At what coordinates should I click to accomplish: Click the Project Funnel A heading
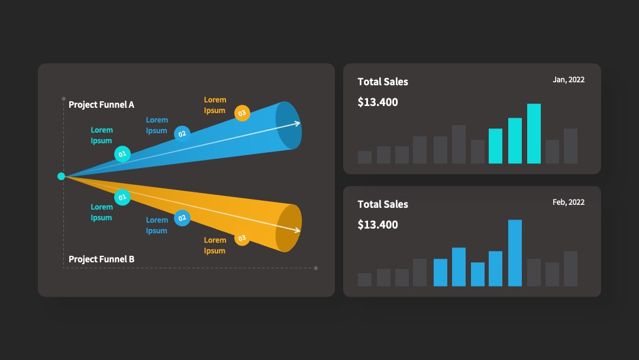102,104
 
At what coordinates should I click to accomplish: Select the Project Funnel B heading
102,259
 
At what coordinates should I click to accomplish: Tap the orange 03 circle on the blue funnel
242,113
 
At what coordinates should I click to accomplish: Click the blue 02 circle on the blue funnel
182,134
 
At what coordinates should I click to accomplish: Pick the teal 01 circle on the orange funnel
122,197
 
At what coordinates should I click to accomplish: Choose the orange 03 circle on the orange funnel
242,238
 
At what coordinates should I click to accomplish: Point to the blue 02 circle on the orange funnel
182,218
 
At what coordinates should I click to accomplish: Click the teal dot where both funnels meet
61,176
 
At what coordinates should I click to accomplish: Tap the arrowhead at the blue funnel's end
298,123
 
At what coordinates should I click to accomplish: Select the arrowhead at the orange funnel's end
298,230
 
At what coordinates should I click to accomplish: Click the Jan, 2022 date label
569,80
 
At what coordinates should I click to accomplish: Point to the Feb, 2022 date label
569,202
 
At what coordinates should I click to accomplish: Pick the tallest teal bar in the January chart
534,134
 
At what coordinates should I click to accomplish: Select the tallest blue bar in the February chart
515,253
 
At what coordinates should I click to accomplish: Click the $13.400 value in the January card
377,102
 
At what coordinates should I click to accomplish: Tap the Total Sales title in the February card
383,204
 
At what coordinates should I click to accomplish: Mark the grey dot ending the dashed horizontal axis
316,268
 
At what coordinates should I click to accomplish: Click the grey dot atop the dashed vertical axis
63,99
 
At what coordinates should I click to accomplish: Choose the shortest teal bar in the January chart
496,146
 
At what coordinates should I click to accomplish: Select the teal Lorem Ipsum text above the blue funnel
102,135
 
